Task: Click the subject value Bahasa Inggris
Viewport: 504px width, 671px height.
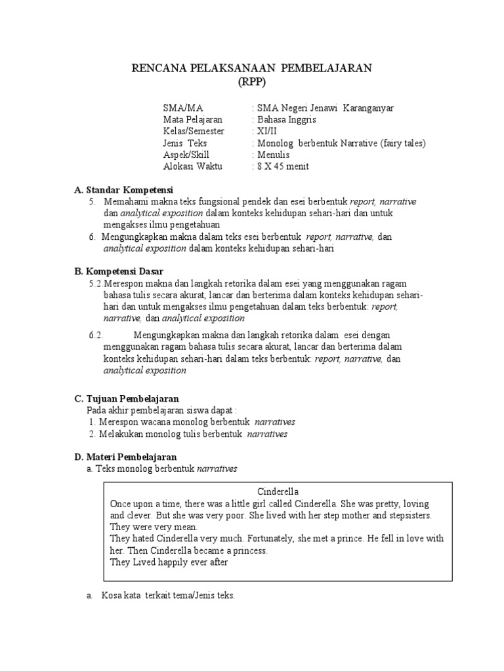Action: click(x=288, y=120)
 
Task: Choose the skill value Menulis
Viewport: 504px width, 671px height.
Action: click(x=275, y=155)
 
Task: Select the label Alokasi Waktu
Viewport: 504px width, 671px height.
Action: click(x=192, y=166)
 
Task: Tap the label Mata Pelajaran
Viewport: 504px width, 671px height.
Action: click(x=192, y=120)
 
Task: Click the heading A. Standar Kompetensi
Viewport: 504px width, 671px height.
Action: click(x=124, y=189)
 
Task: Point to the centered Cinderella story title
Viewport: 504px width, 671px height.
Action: click(x=278, y=491)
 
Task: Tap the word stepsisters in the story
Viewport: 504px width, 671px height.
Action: click(x=406, y=515)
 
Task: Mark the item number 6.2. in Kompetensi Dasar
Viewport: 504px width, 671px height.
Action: click(x=96, y=335)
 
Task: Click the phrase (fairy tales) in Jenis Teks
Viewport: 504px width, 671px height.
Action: click(x=402, y=143)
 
